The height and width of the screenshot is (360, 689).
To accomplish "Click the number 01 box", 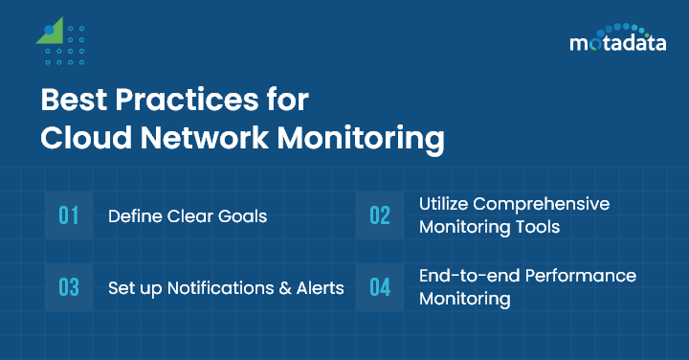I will (69, 215).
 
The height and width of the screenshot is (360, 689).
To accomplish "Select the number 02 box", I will (380, 215).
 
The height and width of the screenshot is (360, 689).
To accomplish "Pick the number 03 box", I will (69, 287).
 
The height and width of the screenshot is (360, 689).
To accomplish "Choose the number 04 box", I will (380, 287).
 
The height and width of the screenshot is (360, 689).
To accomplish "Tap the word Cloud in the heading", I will (82, 137).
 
